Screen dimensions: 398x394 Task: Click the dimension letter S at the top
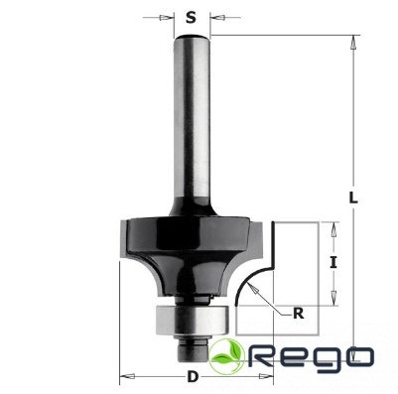tap(191, 17)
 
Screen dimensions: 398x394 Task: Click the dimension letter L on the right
tap(353, 197)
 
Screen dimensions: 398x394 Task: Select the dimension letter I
tap(333, 263)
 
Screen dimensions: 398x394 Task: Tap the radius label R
tap(299, 314)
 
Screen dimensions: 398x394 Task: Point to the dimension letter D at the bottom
tap(193, 377)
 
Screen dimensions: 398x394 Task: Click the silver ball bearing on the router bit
tap(192, 321)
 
